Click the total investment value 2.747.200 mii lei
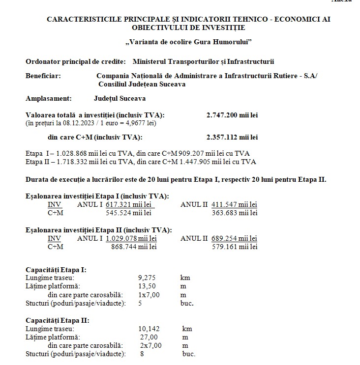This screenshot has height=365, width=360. [232, 115]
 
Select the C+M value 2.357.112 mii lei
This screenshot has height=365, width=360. [232, 137]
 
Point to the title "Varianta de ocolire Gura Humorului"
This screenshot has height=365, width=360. [188, 42]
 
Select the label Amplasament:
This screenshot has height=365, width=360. [48, 98]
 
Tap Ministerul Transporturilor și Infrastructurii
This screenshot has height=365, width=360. [203, 61]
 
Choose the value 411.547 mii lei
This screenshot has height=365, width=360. [234, 204]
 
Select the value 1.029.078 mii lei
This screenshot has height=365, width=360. [131, 238]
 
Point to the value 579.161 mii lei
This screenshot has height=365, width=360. [234, 247]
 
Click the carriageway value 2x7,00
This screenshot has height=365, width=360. [150, 345]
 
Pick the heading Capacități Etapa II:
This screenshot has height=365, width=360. [58, 320]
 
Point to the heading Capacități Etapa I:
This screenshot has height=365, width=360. [56, 270]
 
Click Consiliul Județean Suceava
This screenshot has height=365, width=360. [142, 84]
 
